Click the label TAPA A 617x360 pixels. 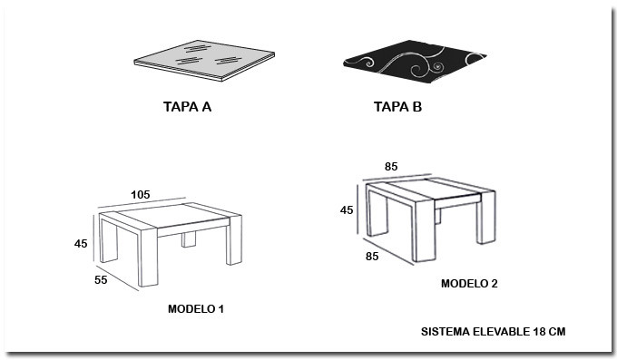tap(187, 107)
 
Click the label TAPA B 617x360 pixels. tap(397, 107)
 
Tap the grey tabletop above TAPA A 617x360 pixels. tap(204, 60)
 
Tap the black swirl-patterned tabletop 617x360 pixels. tap(415, 62)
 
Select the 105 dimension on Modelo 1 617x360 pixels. tap(141, 195)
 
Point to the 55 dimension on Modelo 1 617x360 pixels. tap(101, 279)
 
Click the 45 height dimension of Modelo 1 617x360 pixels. tap(81, 244)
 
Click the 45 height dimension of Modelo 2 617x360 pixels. tap(347, 210)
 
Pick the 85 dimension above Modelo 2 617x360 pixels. tap(391, 167)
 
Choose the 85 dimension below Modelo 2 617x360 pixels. tap(372, 256)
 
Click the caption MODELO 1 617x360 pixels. tap(196, 309)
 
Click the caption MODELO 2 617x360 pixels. tap(469, 284)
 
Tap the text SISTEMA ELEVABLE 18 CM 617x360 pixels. tap(493, 332)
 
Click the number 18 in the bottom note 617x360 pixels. tap(539, 332)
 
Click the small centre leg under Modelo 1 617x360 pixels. tap(189, 239)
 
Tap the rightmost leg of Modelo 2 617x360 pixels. tap(486, 218)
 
